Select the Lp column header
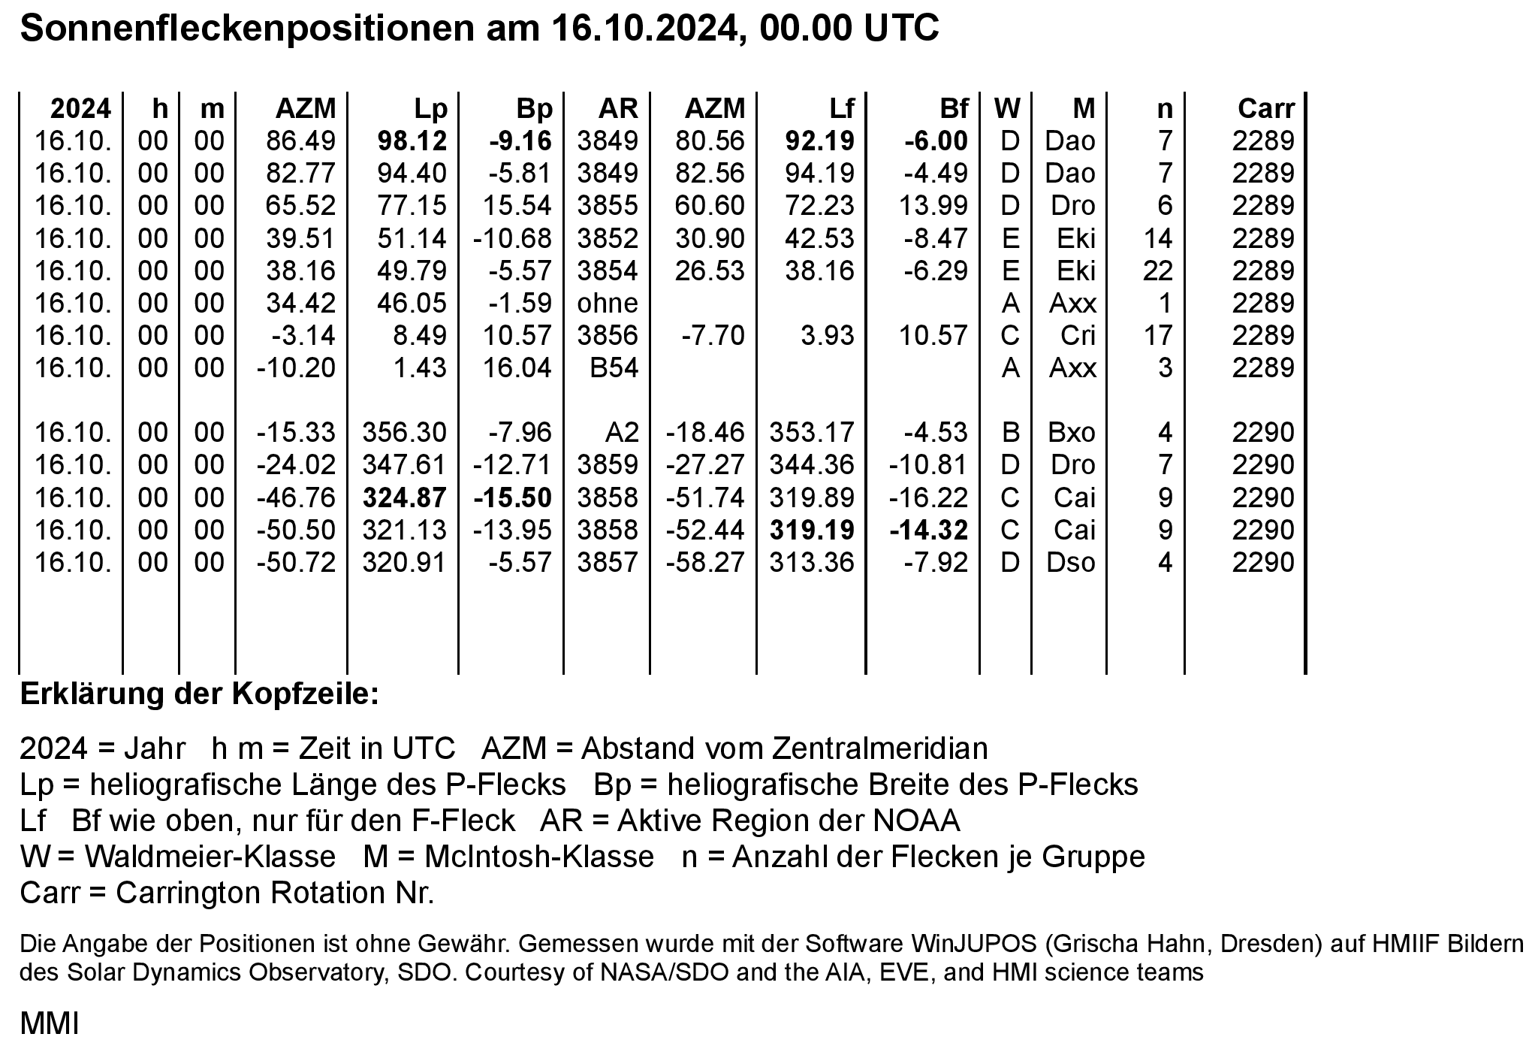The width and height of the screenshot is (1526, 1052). click(x=430, y=109)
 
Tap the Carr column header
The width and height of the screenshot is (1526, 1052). click(x=1266, y=109)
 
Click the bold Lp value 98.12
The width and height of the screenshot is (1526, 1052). click(x=412, y=141)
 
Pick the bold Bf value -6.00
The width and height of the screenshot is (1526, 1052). click(x=936, y=141)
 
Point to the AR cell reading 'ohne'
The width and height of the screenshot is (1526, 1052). click(x=607, y=304)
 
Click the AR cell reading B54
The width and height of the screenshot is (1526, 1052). click(x=614, y=368)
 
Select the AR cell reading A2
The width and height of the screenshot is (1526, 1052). click(x=621, y=433)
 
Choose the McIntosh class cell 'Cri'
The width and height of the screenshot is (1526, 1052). click(x=1078, y=336)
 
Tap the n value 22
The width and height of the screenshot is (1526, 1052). click(x=1157, y=271)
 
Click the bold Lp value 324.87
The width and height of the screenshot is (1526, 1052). click(x=405, y=497)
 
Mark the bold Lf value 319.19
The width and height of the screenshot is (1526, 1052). click(x=812, y=530)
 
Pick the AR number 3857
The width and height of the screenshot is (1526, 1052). click(x=607, y=562)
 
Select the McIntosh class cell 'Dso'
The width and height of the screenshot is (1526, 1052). click(x=1071, y=562)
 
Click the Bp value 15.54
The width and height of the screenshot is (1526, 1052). click(x=517, y=206)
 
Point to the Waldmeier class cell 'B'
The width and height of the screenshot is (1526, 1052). click(x=1010, y=433)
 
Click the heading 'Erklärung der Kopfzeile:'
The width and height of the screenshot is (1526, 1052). click(x=200, y=694)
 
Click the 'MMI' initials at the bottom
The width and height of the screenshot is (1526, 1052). click(x=49, y=1023)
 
